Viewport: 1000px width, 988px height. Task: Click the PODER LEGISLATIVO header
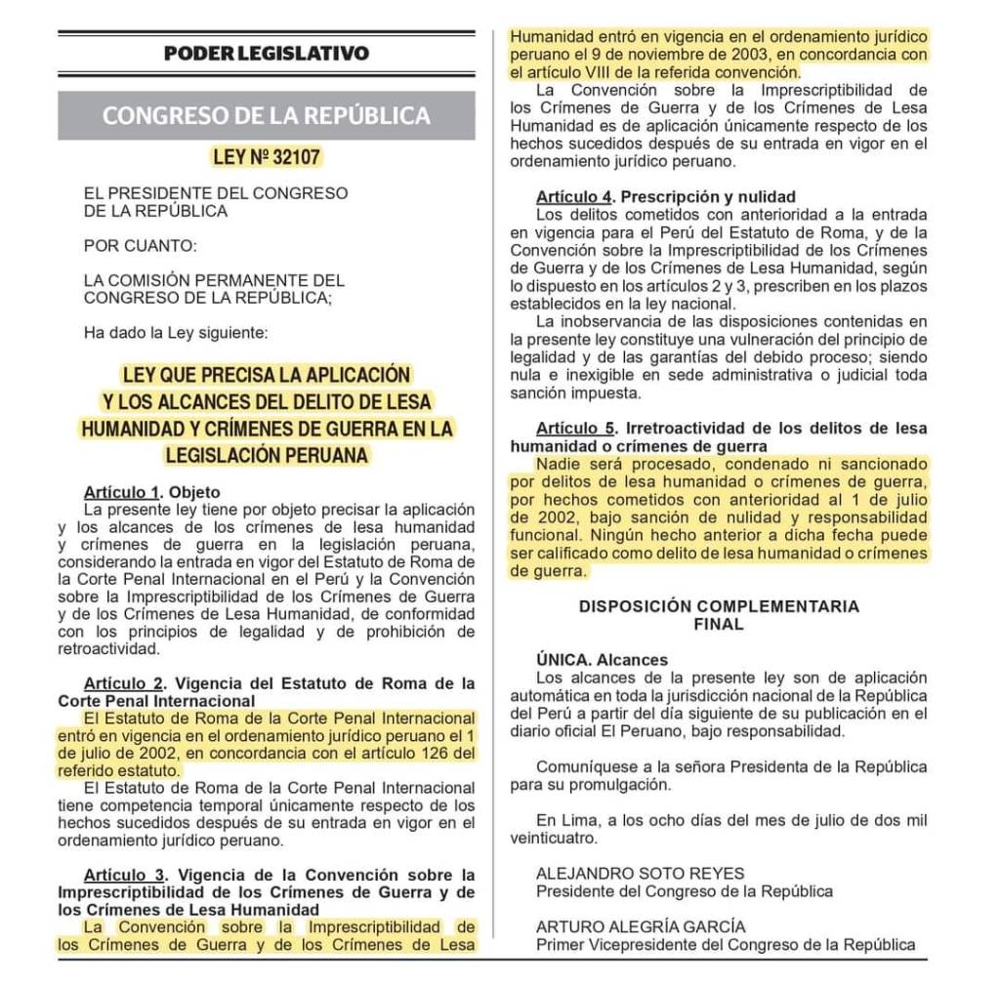pos(267,53)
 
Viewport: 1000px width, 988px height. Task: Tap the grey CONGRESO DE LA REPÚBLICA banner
pos(267,115)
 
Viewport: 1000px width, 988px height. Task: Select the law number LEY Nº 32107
pos(267,156)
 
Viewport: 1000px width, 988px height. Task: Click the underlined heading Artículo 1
pos(120,492)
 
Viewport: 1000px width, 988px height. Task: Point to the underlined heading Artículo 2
pos(120,682)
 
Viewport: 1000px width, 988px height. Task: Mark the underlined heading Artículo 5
pos(574,429)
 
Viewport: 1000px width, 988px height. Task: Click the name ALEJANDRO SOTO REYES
pos(640,874)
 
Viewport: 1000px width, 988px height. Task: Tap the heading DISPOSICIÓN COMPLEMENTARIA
pos(719,606)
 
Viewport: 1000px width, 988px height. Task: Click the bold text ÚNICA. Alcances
pos(602,660)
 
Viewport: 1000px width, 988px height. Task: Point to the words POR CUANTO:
pos(139,245)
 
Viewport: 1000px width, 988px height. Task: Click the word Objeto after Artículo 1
pos(195,492)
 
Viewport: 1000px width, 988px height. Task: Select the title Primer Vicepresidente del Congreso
pos(726,944)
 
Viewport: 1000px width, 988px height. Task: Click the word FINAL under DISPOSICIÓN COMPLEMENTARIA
pos(719,624)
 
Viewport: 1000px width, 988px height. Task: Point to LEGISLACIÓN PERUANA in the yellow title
pos(267,454)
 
